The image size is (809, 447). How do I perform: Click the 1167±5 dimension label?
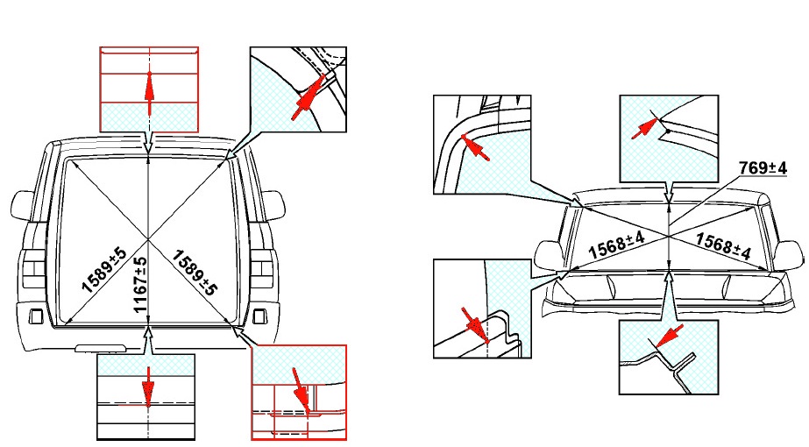click(x=140, y=284)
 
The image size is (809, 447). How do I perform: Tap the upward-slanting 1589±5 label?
click(x=103, y=270)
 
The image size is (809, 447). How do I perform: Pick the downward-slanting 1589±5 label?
click(x=193, y=273)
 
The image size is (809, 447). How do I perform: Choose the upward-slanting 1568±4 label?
click(x=616, y=245)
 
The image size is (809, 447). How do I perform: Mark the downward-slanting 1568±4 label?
click(x=723, y=245)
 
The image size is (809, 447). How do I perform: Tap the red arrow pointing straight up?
click(x=149, y=94)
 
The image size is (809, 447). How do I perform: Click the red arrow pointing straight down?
click(x=149, y=387)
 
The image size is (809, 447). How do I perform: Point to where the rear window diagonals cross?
click(x=149, y=238)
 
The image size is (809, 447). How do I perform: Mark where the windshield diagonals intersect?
click(x=669, y=236)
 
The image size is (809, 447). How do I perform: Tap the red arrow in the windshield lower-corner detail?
click(x=475, y=326)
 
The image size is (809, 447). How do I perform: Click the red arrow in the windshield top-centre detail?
click(x=645, y=128)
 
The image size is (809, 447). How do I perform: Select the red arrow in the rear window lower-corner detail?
click(x=301, y=391)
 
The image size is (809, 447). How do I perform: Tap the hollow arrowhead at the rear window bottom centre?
click(x=149, y=335)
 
